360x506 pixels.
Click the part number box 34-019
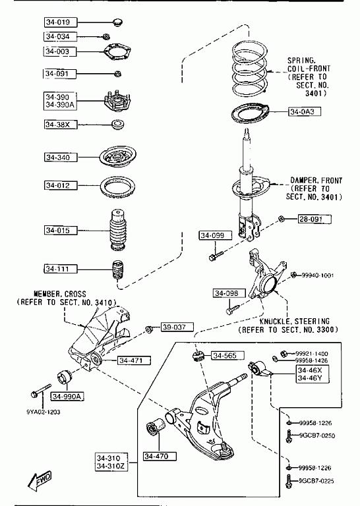tap(61, 22)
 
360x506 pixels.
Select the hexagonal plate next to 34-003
tap(117, 52)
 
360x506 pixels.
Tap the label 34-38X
tap(61, 125)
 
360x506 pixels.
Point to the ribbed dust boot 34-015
tap(117, 230)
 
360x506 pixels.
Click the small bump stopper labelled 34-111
tap(118, 269)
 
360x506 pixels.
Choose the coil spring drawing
tap(250, 69)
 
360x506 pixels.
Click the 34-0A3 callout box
tap(305, 111)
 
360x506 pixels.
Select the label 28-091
tap(315, 219)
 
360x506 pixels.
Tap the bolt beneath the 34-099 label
tap(216, 256)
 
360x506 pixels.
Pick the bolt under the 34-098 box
tap(233, 309)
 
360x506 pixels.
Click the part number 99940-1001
tap(318, 275)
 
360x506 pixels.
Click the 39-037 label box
tap(177, 327)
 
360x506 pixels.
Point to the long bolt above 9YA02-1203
tap(41, 391)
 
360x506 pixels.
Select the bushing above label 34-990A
tap(64, 378)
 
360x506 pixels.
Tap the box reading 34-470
tap(160, 456)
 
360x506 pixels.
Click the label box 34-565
tap(228, 356)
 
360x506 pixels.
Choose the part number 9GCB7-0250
tap(317, 436)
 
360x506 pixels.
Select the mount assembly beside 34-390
tap(117, 101)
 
